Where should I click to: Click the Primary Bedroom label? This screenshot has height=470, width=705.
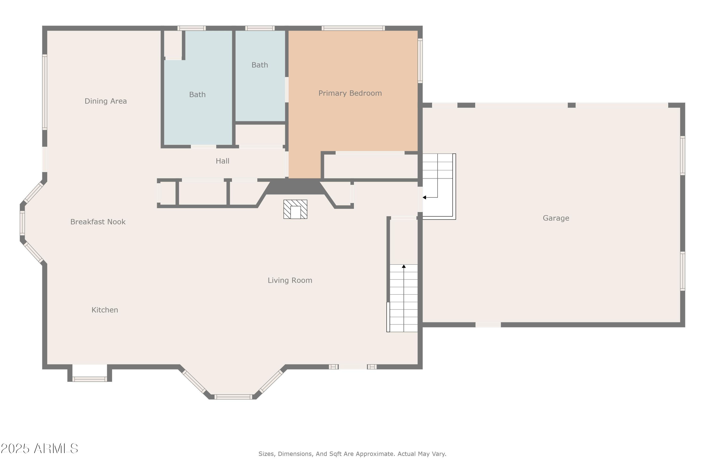tap(350, 93)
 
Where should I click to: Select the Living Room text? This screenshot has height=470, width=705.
tap(290, 280)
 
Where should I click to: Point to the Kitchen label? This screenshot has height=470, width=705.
tap(105, 310)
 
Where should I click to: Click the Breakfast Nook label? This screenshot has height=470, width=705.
tap(98, 222)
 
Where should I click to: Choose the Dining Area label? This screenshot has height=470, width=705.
tap(106, 101)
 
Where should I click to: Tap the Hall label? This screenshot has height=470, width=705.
tap(222, 161)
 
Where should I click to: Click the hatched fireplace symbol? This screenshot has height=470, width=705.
tap(295, 209)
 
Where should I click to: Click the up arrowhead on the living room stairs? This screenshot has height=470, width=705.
tap(404, 266)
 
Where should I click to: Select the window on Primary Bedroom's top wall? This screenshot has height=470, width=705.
tap(353, 28)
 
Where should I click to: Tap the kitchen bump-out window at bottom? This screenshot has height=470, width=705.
tap(90, 379)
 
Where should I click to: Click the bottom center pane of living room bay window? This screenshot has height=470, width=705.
tap(233, 397)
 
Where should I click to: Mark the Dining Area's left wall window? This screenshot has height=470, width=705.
tap(45, 92)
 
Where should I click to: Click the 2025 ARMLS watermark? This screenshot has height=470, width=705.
tap(39, 448)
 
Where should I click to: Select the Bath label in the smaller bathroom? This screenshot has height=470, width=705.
tap(260, 65)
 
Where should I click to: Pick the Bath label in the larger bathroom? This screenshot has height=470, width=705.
tap(197, 95)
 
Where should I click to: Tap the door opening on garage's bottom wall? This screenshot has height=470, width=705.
tap(488, 325)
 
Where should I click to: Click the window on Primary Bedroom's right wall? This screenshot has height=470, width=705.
tap(420, 61)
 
